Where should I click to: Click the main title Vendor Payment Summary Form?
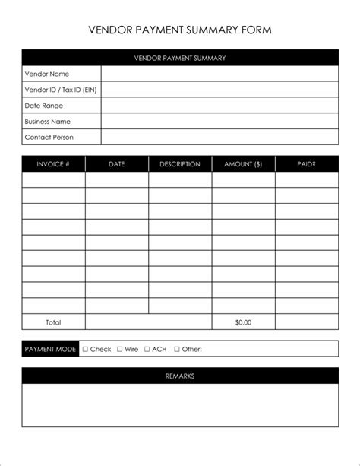coord(180,30)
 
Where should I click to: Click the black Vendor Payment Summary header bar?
coord(180,58)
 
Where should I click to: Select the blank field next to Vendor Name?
coord(219,74)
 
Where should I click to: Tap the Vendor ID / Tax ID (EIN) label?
coord(61,90)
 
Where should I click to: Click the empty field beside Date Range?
coord(219,106)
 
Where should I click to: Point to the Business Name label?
coord(48,122)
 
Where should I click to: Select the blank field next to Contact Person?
coord(219,138)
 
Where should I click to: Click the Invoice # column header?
coord(53,164)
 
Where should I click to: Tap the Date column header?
coord(117,164)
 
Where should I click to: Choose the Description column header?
coord(180,164)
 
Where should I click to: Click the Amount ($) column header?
coord(243,164)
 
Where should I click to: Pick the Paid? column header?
coord(307,164)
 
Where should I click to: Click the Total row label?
coord(53,322)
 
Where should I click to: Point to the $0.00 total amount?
coord(243,322)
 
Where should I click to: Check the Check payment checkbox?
coord(85,350)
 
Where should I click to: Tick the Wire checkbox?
coord(120,350)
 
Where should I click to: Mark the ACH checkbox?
coord(147,350)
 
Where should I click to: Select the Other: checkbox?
coord(177,350)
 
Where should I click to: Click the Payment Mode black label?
coord(50,350)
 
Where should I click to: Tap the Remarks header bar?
coord(180,376)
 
